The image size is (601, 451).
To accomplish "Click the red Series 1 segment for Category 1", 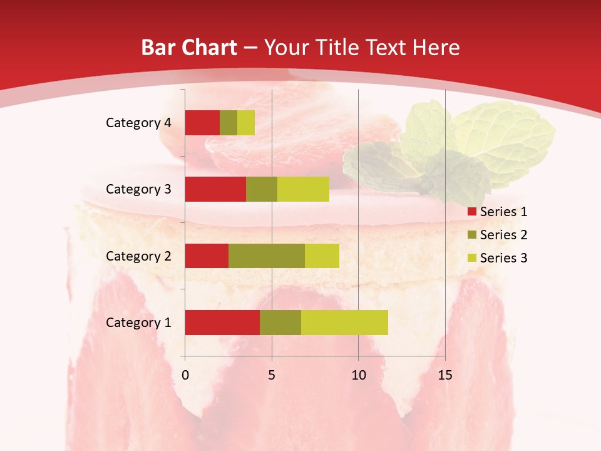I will point(222,323).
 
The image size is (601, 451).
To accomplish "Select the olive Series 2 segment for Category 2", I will point(267,256).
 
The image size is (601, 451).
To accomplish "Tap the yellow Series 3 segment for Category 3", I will point(303,189).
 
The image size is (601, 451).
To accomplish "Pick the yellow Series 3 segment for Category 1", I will point(344,323).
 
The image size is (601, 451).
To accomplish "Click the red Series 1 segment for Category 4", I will point(202,123).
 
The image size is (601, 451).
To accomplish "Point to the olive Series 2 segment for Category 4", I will point(229,123).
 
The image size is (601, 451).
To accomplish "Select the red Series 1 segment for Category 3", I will point(215,189).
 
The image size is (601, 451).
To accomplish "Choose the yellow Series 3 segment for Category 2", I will point(322,256).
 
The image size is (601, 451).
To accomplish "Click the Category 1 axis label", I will point(138,323).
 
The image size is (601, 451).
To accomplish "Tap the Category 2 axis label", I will point(138,256).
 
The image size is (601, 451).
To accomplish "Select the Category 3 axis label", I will point(138,189).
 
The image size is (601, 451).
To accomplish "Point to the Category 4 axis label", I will point(138,123).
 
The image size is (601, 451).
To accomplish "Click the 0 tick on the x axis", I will point(185,375).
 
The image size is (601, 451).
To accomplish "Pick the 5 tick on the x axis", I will point(272,375).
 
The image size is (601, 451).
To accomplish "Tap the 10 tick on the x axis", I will point(358,375).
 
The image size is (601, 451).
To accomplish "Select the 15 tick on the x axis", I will point(444,375).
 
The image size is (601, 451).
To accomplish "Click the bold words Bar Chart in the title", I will point(189,48).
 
